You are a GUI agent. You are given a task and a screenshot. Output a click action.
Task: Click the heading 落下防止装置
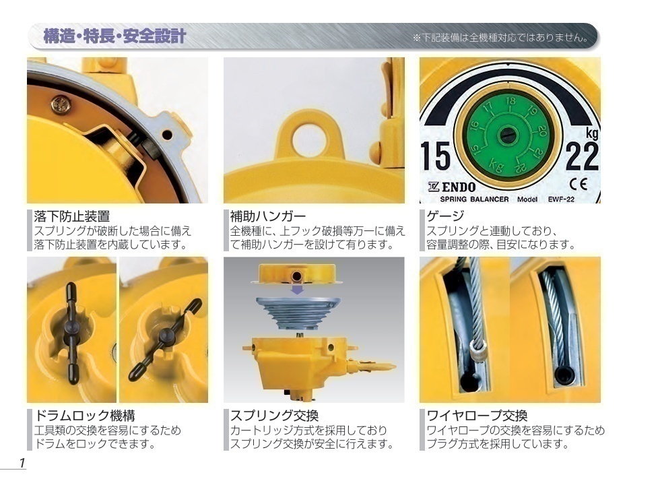(x=71, y=216)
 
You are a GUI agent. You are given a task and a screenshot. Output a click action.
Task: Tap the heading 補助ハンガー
(x=268, y=216)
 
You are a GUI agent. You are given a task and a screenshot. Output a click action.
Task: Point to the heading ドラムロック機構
(x=85, y=416)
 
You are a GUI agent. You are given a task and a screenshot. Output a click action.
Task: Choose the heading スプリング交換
(x=275, y=416)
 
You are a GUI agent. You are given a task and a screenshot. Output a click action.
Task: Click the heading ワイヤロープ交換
(x=477, y=416)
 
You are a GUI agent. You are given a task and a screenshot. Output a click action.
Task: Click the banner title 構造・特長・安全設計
(x=114, y=36)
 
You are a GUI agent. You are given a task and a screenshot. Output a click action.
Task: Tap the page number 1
(x=22, y=463)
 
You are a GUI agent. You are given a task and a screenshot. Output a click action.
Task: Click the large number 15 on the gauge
(x=435, y=156)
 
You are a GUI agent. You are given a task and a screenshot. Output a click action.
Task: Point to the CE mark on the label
(x=578, y=184)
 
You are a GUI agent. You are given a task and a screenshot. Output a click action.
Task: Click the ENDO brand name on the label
(x=452, y=187)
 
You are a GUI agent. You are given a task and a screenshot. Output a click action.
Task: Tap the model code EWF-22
(x=561, y=199)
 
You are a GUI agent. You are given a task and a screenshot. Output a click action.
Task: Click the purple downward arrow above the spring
(x=298, y=290)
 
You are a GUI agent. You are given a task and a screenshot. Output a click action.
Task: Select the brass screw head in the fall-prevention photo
(x=61, y=104)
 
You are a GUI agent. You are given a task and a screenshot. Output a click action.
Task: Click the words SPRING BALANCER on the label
(x=474, y=199)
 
